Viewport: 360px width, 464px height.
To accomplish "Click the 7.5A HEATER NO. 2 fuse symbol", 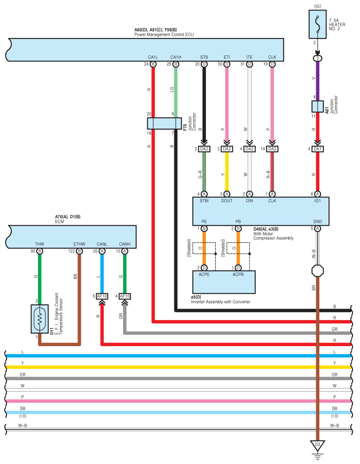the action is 318,24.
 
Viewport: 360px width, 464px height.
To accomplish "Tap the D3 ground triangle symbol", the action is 318,445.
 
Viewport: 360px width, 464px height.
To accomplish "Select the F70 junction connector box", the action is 164,124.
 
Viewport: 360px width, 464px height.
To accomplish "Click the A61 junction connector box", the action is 318,107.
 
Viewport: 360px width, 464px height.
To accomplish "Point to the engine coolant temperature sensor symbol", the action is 40,319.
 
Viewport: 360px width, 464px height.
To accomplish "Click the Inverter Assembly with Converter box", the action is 224,282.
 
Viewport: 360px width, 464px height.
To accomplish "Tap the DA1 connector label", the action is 318,149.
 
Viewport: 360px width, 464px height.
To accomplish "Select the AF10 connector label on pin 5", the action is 102,296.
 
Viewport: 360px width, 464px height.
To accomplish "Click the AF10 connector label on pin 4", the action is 125,296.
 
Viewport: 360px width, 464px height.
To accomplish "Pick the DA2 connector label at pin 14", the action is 272,149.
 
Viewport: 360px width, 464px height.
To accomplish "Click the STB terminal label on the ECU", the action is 204,57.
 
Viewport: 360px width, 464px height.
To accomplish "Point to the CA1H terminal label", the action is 176,57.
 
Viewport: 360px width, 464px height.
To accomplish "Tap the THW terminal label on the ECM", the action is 39,244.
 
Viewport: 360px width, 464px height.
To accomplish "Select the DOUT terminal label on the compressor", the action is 227,201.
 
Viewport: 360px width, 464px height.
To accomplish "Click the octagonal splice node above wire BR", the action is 318,271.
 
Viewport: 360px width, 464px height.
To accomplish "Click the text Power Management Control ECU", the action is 164,34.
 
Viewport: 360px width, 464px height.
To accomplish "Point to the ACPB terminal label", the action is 238,274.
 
